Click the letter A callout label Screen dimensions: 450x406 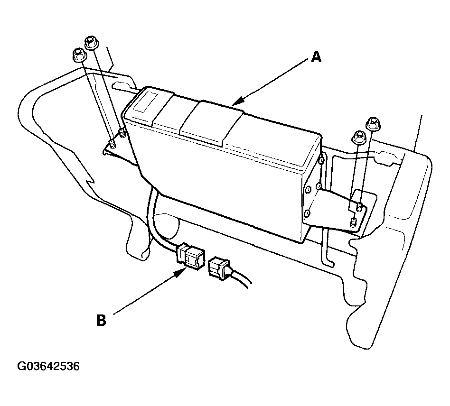coord(316,57)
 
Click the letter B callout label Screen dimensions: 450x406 coord(101,320)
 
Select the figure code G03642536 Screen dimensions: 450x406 coord(48,367)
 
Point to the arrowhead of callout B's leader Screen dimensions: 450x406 coord(180,272)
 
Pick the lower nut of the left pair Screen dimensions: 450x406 coord(79,55)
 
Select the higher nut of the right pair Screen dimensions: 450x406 coord(373,124)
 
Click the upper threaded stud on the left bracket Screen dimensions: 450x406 coord(122,133)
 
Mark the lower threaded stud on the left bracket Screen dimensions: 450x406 coord(112,143)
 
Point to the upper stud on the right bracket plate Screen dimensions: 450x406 coord(359,207)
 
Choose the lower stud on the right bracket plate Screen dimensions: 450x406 coord(354,222)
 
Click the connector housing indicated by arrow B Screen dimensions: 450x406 coord(190,256)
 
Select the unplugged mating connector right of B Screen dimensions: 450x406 coord(220,268)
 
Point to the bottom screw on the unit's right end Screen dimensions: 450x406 coord(307,213)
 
